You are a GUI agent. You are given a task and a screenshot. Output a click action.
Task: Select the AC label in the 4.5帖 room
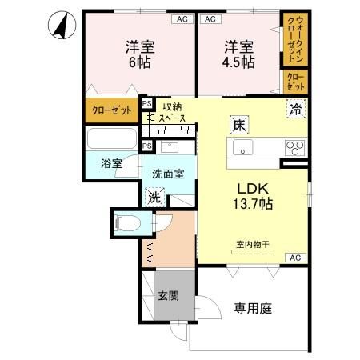(x=210, y=18)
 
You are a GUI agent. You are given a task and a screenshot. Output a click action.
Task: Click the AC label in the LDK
(x=294, y=258)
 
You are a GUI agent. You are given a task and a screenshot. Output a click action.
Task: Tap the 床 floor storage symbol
(x=239, y=125)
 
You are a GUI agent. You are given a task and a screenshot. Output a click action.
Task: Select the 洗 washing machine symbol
(x=153, y=198)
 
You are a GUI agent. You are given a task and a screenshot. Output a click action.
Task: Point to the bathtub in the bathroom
(x=111, y=141)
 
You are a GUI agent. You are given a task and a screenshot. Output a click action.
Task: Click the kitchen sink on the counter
(x=243, y=147)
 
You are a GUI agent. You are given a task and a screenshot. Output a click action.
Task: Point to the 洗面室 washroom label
(x=169, y=173)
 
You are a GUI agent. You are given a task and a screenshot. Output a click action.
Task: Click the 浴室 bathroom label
(x=111, y=163)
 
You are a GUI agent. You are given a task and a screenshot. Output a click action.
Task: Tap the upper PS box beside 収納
(x=146, y=104)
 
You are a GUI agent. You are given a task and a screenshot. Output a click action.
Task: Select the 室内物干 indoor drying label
(x=253, y=244)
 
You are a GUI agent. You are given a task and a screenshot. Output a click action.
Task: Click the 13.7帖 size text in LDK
(x=253, y=204)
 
